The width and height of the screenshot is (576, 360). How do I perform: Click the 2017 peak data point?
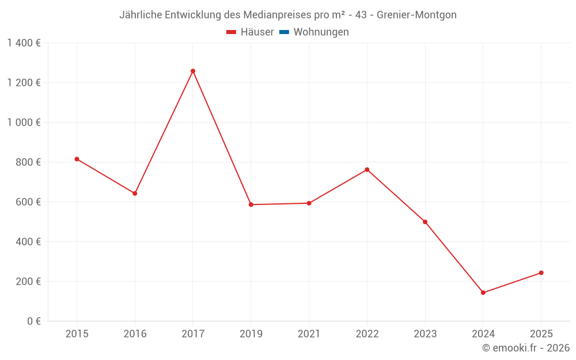click(x=193, y=71)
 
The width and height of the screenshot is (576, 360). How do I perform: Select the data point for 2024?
click(x=483, y=293)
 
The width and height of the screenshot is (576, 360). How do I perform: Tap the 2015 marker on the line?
click(x=77, y=159)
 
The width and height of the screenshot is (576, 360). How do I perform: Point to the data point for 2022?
click(x=367, y=169)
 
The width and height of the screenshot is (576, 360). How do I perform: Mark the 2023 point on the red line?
click(x=425, y=222)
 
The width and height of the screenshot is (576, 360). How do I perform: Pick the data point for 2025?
click(x=541, y=272)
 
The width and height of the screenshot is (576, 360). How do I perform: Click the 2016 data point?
click(x=135, y=194)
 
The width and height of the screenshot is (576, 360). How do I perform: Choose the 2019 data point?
click(x=251, y=204)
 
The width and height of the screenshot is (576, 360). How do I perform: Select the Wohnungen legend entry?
click(x=321, y=32)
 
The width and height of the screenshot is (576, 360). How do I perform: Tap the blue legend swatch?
click(x=284, y=32)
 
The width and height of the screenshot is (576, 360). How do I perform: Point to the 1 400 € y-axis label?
click(x=24, y=43)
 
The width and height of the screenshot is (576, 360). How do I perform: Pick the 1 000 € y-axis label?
click(x=24, y=122)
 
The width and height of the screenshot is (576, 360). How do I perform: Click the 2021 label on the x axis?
click(x=309, y=334)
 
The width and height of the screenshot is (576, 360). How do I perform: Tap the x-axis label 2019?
click(x=251, y=334)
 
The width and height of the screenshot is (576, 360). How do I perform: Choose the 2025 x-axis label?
click(x=541, y=334)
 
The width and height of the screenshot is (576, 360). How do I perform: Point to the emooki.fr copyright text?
click(x=525, y=348)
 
